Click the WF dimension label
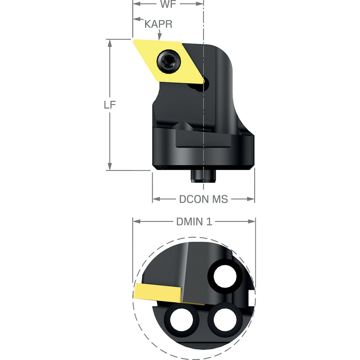[x=168, y=5]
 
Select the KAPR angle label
[x=158, y=24]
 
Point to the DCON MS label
[x=203, y=199]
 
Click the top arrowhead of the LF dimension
[x=109, y=42]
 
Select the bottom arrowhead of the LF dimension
[x=109, y=167]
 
